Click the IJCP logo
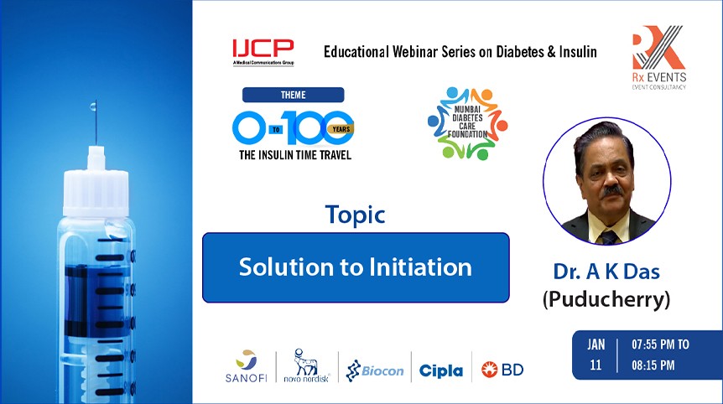click(x=263, y=52)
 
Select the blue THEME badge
click(x=294, y=95)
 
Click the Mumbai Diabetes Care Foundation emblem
click(x=467, y=123)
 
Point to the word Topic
click(x=355, y=215)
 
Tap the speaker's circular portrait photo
click(x=606, y=181)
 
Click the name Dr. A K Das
click(x=606, y=272)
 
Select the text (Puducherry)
click(x=606, y=300)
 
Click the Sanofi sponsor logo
click(x=247, y=366)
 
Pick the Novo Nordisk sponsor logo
click(x=307, y=365)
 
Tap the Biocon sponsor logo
click(x=375, y=370)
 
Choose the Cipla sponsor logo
click(x=441, y=370)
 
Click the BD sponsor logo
click(x=502, y=370)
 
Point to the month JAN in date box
click(x=596, y=344)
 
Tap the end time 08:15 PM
click(x=653, y=365)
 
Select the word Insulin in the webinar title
click(x=578, y=51)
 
